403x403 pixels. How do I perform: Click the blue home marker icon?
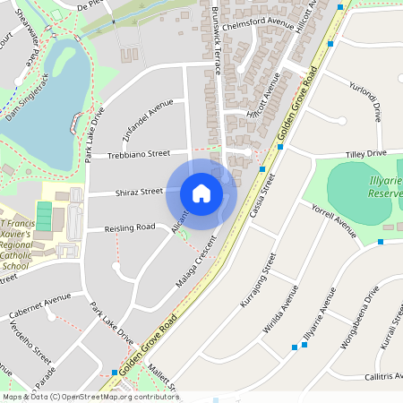coord(201,193)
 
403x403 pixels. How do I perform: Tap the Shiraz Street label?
coord(138,192)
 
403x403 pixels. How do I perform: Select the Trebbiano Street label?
coord(139,154)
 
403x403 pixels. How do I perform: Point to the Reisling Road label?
coord(129,228)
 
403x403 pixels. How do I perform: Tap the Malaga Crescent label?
coord(197,262)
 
